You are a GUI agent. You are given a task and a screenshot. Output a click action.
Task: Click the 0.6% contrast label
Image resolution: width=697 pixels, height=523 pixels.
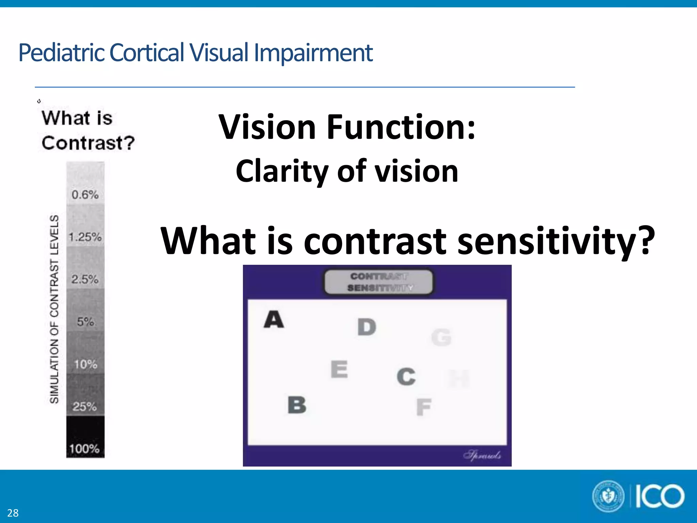(x=85, y=195)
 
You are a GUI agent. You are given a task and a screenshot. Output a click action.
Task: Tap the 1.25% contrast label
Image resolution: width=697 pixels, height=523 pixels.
(x=85, y=237)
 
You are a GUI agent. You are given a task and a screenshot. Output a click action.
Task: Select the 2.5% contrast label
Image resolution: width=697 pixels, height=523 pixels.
(x=85, y=280)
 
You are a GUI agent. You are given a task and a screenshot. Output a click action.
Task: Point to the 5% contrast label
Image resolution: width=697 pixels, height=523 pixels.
(x=85, y=322)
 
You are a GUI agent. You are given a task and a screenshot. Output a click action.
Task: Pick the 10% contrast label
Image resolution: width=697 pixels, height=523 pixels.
(x=86, y=364)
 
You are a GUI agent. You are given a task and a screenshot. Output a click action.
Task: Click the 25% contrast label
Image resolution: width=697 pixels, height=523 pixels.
(x=85, y=407)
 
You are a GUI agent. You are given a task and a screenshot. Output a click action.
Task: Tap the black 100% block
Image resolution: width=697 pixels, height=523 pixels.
(x=85, y=437)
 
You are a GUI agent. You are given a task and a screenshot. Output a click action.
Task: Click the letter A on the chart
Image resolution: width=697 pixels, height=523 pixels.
(x=274, y=319)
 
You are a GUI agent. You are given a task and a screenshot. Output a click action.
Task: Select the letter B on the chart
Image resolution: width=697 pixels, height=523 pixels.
(x=297, y=405)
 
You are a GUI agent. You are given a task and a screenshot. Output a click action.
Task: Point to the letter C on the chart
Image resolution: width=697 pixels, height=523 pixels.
(x=406, y=377)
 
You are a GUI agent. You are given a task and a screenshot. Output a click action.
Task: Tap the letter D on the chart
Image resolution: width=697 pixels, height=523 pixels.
(x=367, y=327)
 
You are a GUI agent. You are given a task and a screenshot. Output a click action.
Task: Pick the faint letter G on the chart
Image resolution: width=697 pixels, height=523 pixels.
(x=441, y=337)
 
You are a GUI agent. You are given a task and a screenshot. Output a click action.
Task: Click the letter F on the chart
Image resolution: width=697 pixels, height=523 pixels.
(x=424, y=407)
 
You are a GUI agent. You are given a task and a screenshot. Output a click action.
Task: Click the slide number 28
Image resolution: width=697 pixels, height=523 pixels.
(x=13, y=513)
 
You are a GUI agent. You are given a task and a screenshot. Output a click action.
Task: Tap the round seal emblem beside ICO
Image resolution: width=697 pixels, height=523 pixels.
(x=609, y=496)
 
